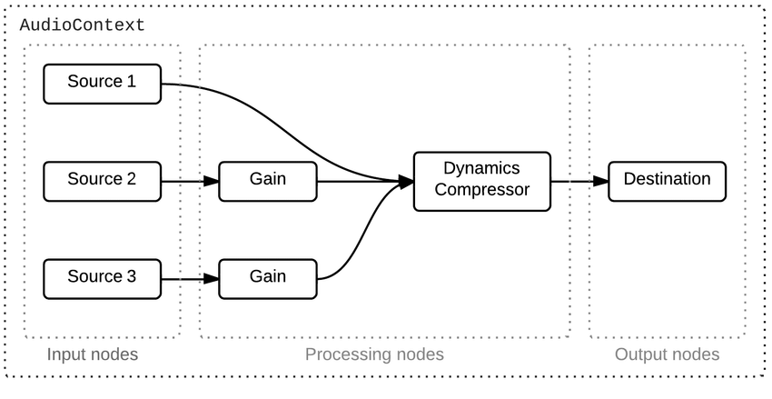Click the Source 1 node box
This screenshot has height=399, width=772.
pyautogui.click(x=102, y=83)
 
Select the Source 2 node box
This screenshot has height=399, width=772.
pyautogui.click(x=102, y=181)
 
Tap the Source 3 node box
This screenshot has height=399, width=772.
pyautogui.click(x=102, y=278)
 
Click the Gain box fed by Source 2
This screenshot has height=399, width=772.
pyautogui.click(x=268, y=181)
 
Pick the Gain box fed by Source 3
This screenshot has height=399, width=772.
pyautogui.click(x=268, y=278)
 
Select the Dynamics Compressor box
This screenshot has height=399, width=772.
pyautogui.click(x=481, y=181)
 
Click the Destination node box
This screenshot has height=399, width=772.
pyautogui.click(x=667, y=181)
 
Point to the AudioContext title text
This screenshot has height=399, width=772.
pyautogui.click(x=83, y=25)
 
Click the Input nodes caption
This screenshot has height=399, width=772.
pyautogui.click(x=93, y=354)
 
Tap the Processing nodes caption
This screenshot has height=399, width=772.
pyautogui.click(x=374, y=354)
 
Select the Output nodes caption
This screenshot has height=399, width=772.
pyautogui.click(x=667, y=354)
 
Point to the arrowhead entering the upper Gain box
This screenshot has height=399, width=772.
pyautogui.click(x=211, y=181)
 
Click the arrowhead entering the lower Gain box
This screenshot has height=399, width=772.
pyautogui.click(x=211, y=278)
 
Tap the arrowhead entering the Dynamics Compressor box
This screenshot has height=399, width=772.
pyautogui.click(x=405, y=182)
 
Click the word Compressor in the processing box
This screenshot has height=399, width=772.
pyautogui.click(x=481, y=190)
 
